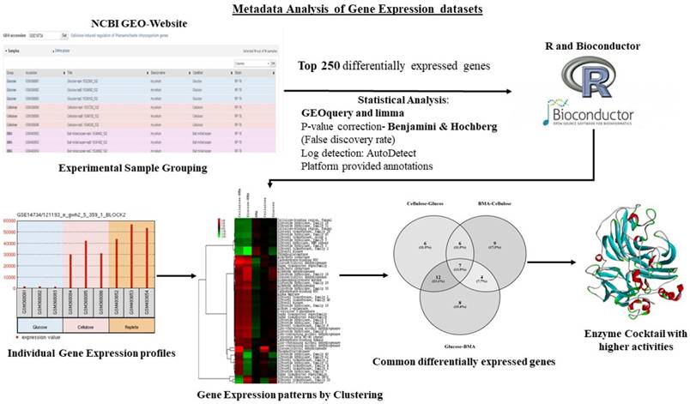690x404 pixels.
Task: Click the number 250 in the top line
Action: click(x=342, y=65)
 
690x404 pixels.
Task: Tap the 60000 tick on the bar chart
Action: click(x=12, y=220)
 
